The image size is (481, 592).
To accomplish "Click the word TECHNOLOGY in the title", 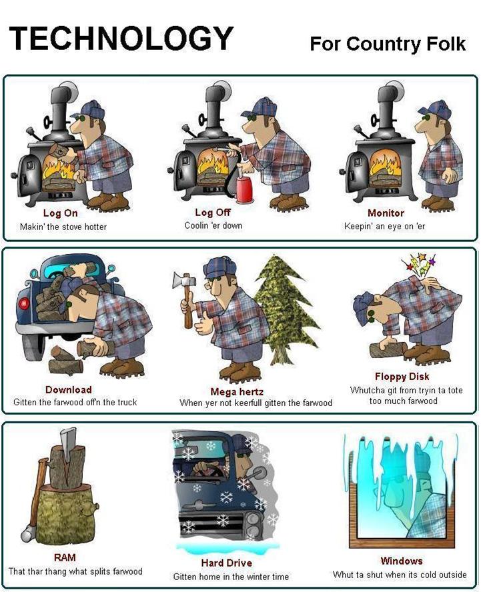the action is (121, 38).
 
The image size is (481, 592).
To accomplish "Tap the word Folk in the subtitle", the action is (446, 43).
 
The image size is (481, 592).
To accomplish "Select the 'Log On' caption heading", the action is (61, 213).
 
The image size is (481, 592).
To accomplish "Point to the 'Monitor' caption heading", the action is (386, 213).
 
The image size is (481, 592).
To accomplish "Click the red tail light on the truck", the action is (23, 303).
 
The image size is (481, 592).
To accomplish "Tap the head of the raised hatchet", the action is (184, 280).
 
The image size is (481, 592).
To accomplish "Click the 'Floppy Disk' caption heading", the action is (402, 377).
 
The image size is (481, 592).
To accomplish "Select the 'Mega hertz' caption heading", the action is (237, 391).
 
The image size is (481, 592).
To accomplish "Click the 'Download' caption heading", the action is (69, 389).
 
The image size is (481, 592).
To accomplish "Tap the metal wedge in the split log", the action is (67, 445).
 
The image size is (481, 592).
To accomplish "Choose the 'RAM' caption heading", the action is (65, 557).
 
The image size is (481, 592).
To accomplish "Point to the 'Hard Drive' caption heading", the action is (226, 563).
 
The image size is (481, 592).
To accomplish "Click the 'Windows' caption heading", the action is (401, 561).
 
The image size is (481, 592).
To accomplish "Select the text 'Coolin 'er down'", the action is (213, 225).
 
